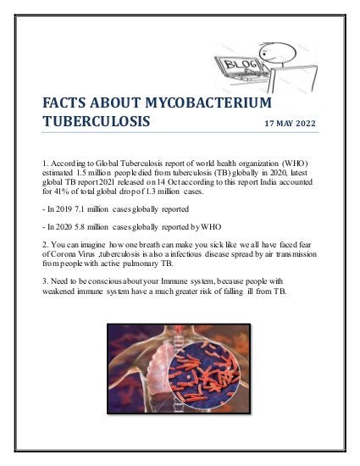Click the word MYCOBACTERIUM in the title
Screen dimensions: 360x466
click(210, 103)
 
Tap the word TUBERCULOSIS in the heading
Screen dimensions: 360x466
click(97, 122)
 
